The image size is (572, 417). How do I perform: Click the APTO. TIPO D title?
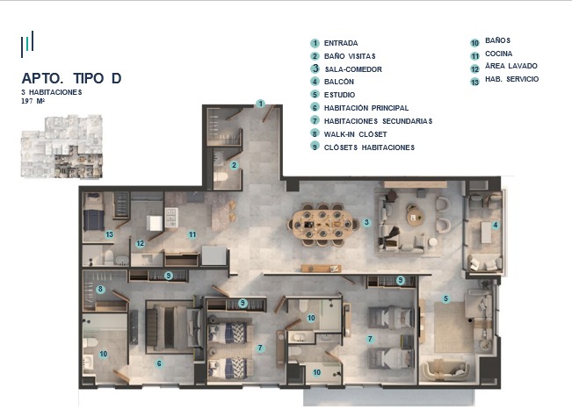pyautogui.click(x=71, y=78)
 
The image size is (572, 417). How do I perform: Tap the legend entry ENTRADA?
pyautogui.click(x=341, y=43)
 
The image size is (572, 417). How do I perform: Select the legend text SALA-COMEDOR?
pyautogui.click(x=353, y=69)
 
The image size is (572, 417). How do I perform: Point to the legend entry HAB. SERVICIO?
pyautogui.click(x=511, y=79)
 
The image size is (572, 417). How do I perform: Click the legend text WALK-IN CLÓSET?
pyautogui.click(x=355, y=134)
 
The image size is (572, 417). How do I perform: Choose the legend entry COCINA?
pyautogui.click(x=499, y=54)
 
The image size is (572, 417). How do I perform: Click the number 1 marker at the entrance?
pyautogui.click(x=260, y=104)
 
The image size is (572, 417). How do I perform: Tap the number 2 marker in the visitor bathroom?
pyautogui.click(x=235, y=166)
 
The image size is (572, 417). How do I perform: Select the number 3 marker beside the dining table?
pyautogui.click(x=366, y=222)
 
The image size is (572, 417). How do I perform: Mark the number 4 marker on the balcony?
pyautogui.click(x=495, y=226)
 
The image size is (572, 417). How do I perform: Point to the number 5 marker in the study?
pyautogui.click(x=445, y=298)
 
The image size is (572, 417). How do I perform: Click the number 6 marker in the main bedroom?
pyautogui.click(x=159, y=363)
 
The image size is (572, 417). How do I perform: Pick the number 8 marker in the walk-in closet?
pyautogui.click(x=100, y=290)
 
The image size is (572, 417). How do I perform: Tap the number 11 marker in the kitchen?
pyautogui.click(x=192, y=234)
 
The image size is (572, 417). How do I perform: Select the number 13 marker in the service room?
pyautogui.click(x=110, y=234)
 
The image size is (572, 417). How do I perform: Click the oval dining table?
pyautogui.click(x=322, y=225)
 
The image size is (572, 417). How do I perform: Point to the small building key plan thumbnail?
pyautogui.click(x=62, y=147)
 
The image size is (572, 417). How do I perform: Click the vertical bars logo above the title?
pyautogui.click(x=27, y=44)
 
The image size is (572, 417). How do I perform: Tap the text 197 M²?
pyautogui.click(x=33, y=101)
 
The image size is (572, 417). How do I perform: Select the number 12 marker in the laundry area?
pyautogui.click(x=140, y=243)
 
